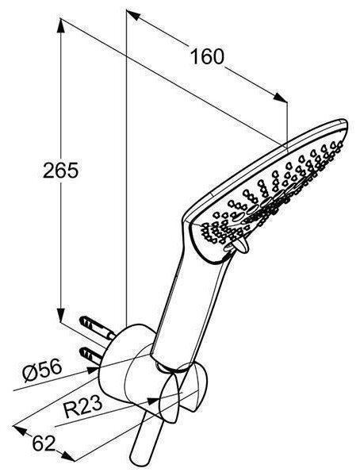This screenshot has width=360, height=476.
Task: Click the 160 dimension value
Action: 207,56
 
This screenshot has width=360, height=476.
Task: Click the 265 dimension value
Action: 61,171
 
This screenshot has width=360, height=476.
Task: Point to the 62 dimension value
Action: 44,443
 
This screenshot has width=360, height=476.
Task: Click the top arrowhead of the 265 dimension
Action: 61,25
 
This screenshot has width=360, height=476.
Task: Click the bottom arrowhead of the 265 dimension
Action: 61,315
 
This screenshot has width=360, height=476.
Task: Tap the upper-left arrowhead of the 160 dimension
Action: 133,15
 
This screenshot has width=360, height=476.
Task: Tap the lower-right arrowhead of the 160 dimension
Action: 280,97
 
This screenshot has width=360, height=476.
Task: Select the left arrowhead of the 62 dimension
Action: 20,431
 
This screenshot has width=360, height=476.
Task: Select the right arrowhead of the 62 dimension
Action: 68,457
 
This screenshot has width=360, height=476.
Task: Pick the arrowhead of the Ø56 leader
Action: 93,370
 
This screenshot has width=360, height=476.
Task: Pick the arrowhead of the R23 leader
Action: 153,401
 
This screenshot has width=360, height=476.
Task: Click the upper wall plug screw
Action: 97,328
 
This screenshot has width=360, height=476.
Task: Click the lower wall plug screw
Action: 90,355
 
